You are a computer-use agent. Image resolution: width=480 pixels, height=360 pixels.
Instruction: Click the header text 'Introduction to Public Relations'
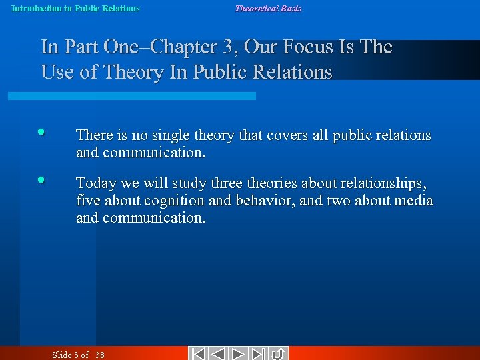tap(75, 9)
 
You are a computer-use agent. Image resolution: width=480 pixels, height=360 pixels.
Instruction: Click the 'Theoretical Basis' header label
tap(268, 9)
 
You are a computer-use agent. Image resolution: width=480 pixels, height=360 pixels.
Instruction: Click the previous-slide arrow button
tap(218, 354)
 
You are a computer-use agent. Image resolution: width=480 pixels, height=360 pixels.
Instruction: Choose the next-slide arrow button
tap(239, 354)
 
